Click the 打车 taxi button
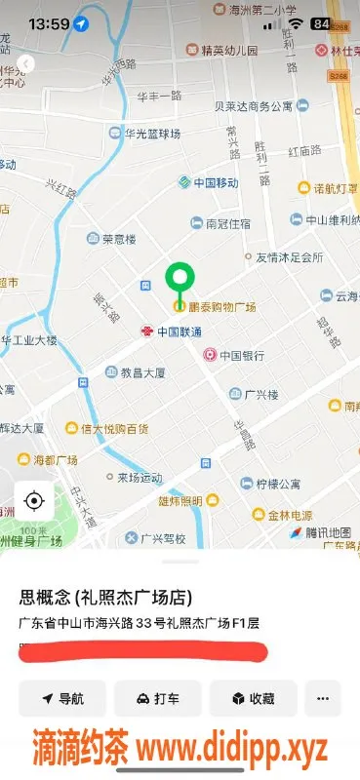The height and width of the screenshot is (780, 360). (157, 699)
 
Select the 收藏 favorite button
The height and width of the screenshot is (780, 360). (252, 699)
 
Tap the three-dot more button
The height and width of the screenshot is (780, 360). (323, 699)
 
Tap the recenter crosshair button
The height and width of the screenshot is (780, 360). (34, 501)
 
